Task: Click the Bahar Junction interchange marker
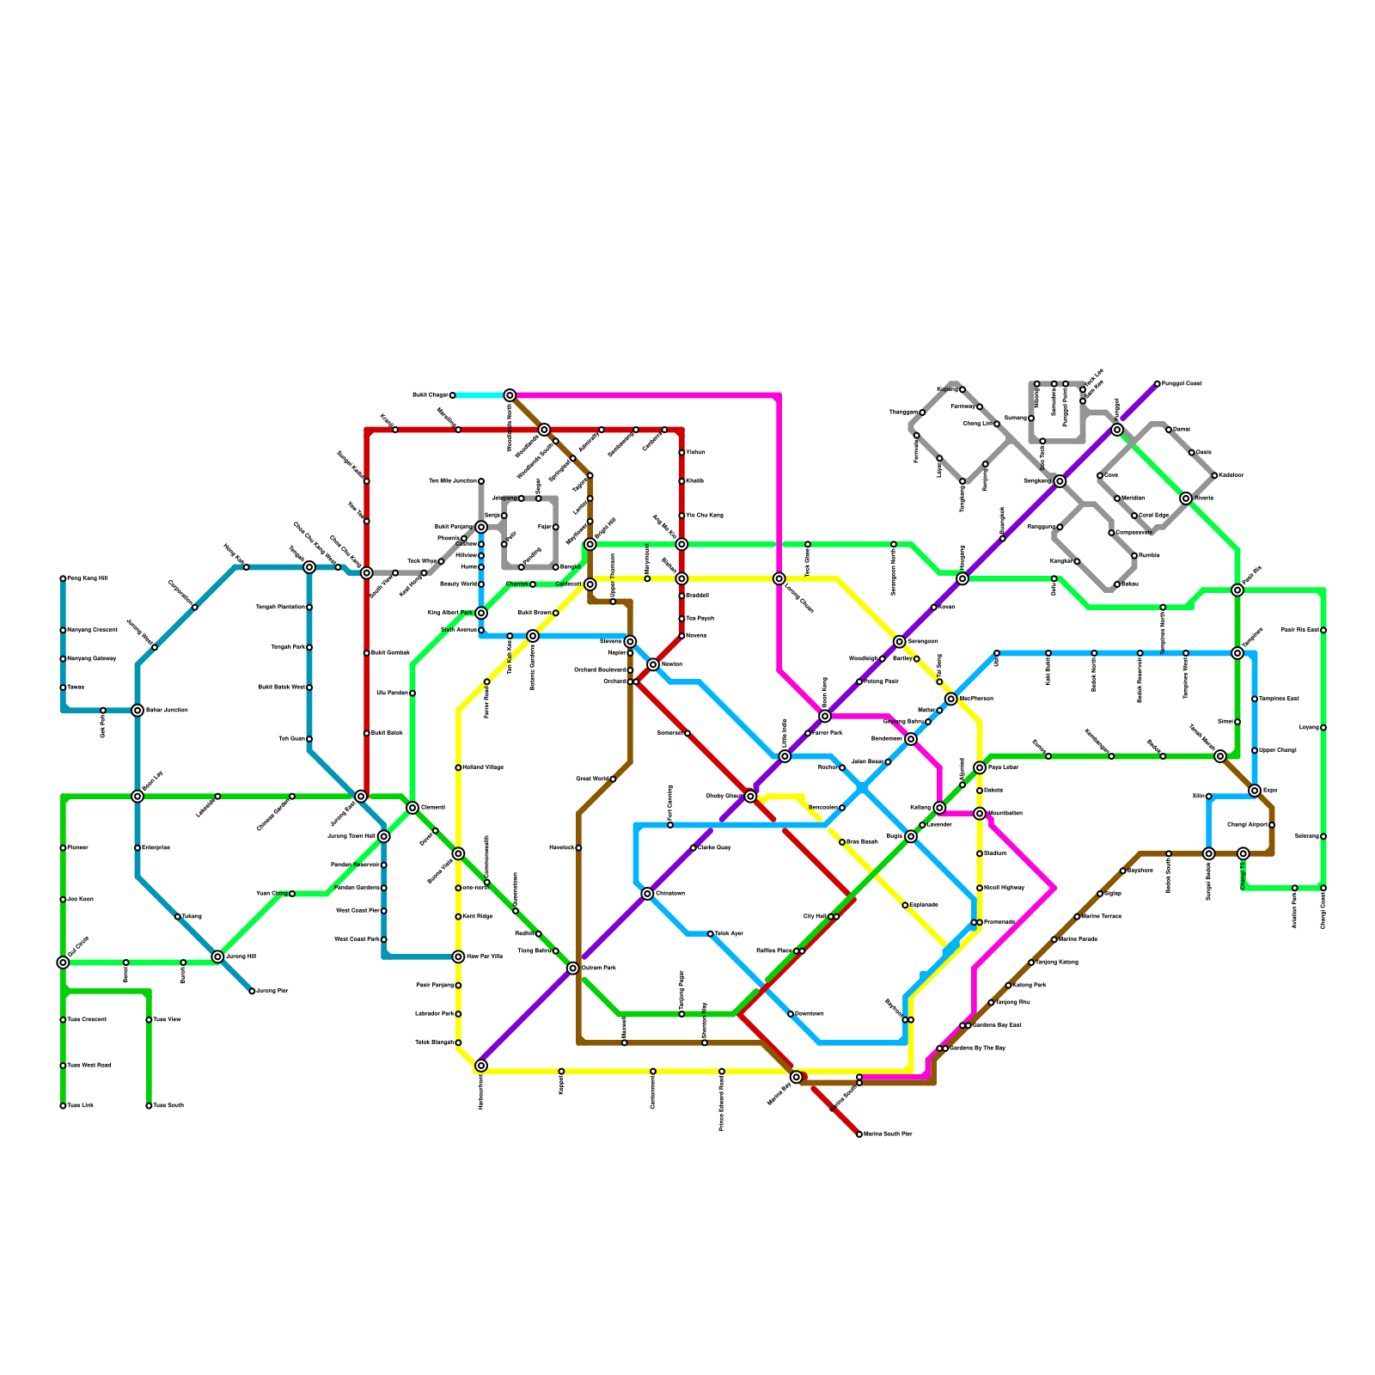click(x=137, y=710)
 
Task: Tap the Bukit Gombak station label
click(x=390, y=653)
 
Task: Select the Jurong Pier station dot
click(x=252, y=991)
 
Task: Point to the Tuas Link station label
click(x=81, y=1106)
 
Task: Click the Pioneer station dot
click(x=63, y=848)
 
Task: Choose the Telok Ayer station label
click(x=729, y=933)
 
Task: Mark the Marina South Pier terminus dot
click(x=859, y=1134)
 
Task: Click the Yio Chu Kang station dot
click(x=681, y=516)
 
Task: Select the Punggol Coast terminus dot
click(x=1158, y=383)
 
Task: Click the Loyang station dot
click(x=1323, y=728)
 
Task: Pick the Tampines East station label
click(x=1279, y=699)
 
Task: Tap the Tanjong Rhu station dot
click(x=991, y=1003)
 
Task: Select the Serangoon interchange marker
click(x=899, y=641)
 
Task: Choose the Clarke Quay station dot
click(x=694, y=848)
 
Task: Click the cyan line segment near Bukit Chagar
click(x=481, y=395)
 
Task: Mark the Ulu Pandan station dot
click(x=412, y=694)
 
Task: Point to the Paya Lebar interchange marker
click(x=980, y=767)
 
